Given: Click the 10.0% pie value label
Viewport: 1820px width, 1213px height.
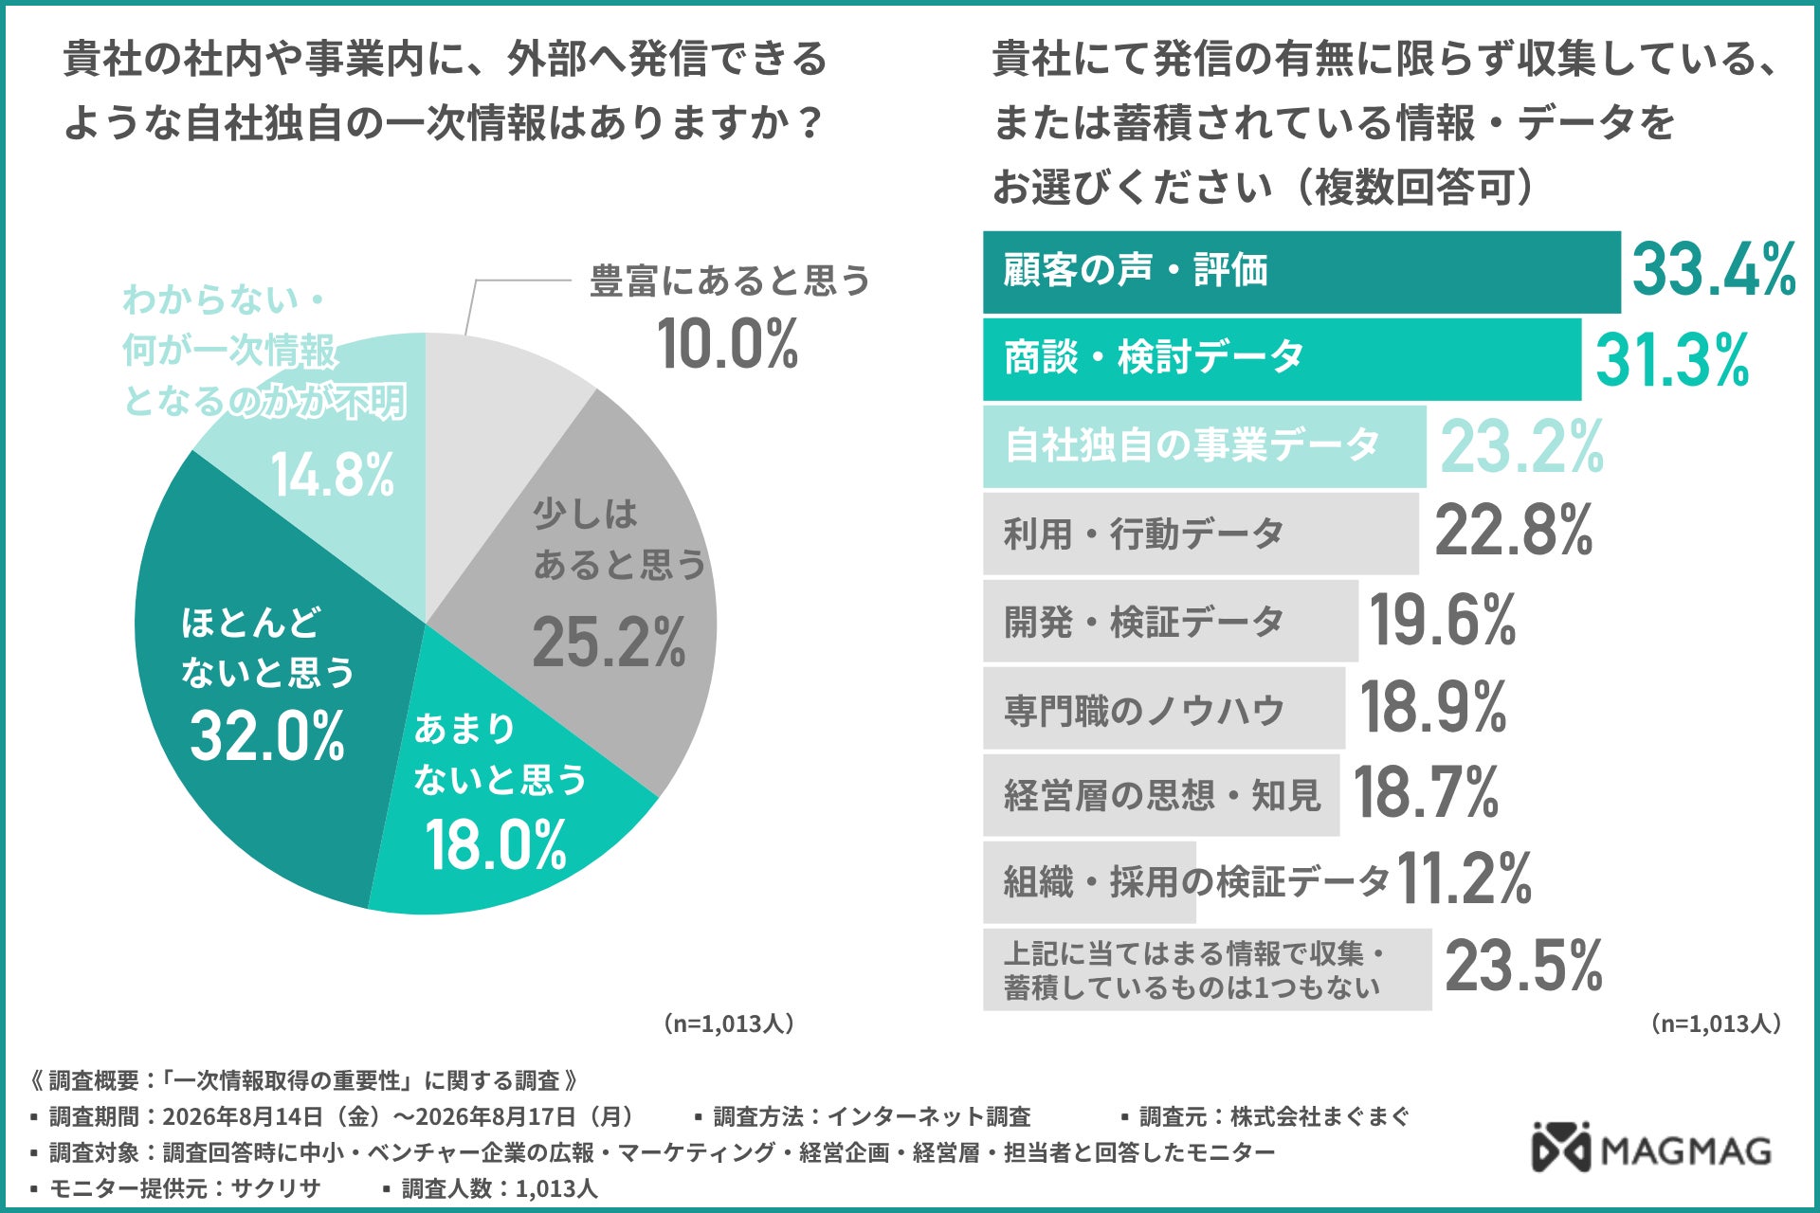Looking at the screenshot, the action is (728, 343).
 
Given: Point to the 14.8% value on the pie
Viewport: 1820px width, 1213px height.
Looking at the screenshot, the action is (333, 474).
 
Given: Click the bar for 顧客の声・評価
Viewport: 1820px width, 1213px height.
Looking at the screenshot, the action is (1301, 272).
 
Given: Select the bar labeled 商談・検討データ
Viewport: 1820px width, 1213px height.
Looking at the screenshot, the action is (1282, 359).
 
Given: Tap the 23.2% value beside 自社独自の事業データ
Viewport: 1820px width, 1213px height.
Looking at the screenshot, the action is (1522, 447).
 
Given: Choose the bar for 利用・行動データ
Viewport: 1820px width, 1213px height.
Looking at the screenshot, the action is (1200, 534).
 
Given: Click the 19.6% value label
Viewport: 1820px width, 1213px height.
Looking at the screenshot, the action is (1443, 621).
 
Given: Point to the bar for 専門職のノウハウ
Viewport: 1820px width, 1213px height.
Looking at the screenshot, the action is (1164, 708).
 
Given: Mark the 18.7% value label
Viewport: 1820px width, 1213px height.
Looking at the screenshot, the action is (1426, 793).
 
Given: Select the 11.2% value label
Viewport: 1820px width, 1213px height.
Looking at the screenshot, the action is (1465, 878).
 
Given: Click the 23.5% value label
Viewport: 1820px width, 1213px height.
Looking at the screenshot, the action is (1524, 967).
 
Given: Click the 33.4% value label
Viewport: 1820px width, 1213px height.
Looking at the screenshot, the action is (1714, 269).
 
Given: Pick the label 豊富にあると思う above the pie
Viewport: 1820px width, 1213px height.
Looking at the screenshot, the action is (730, 281).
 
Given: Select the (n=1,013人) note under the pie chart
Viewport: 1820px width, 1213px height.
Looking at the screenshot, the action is (729, 1023).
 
